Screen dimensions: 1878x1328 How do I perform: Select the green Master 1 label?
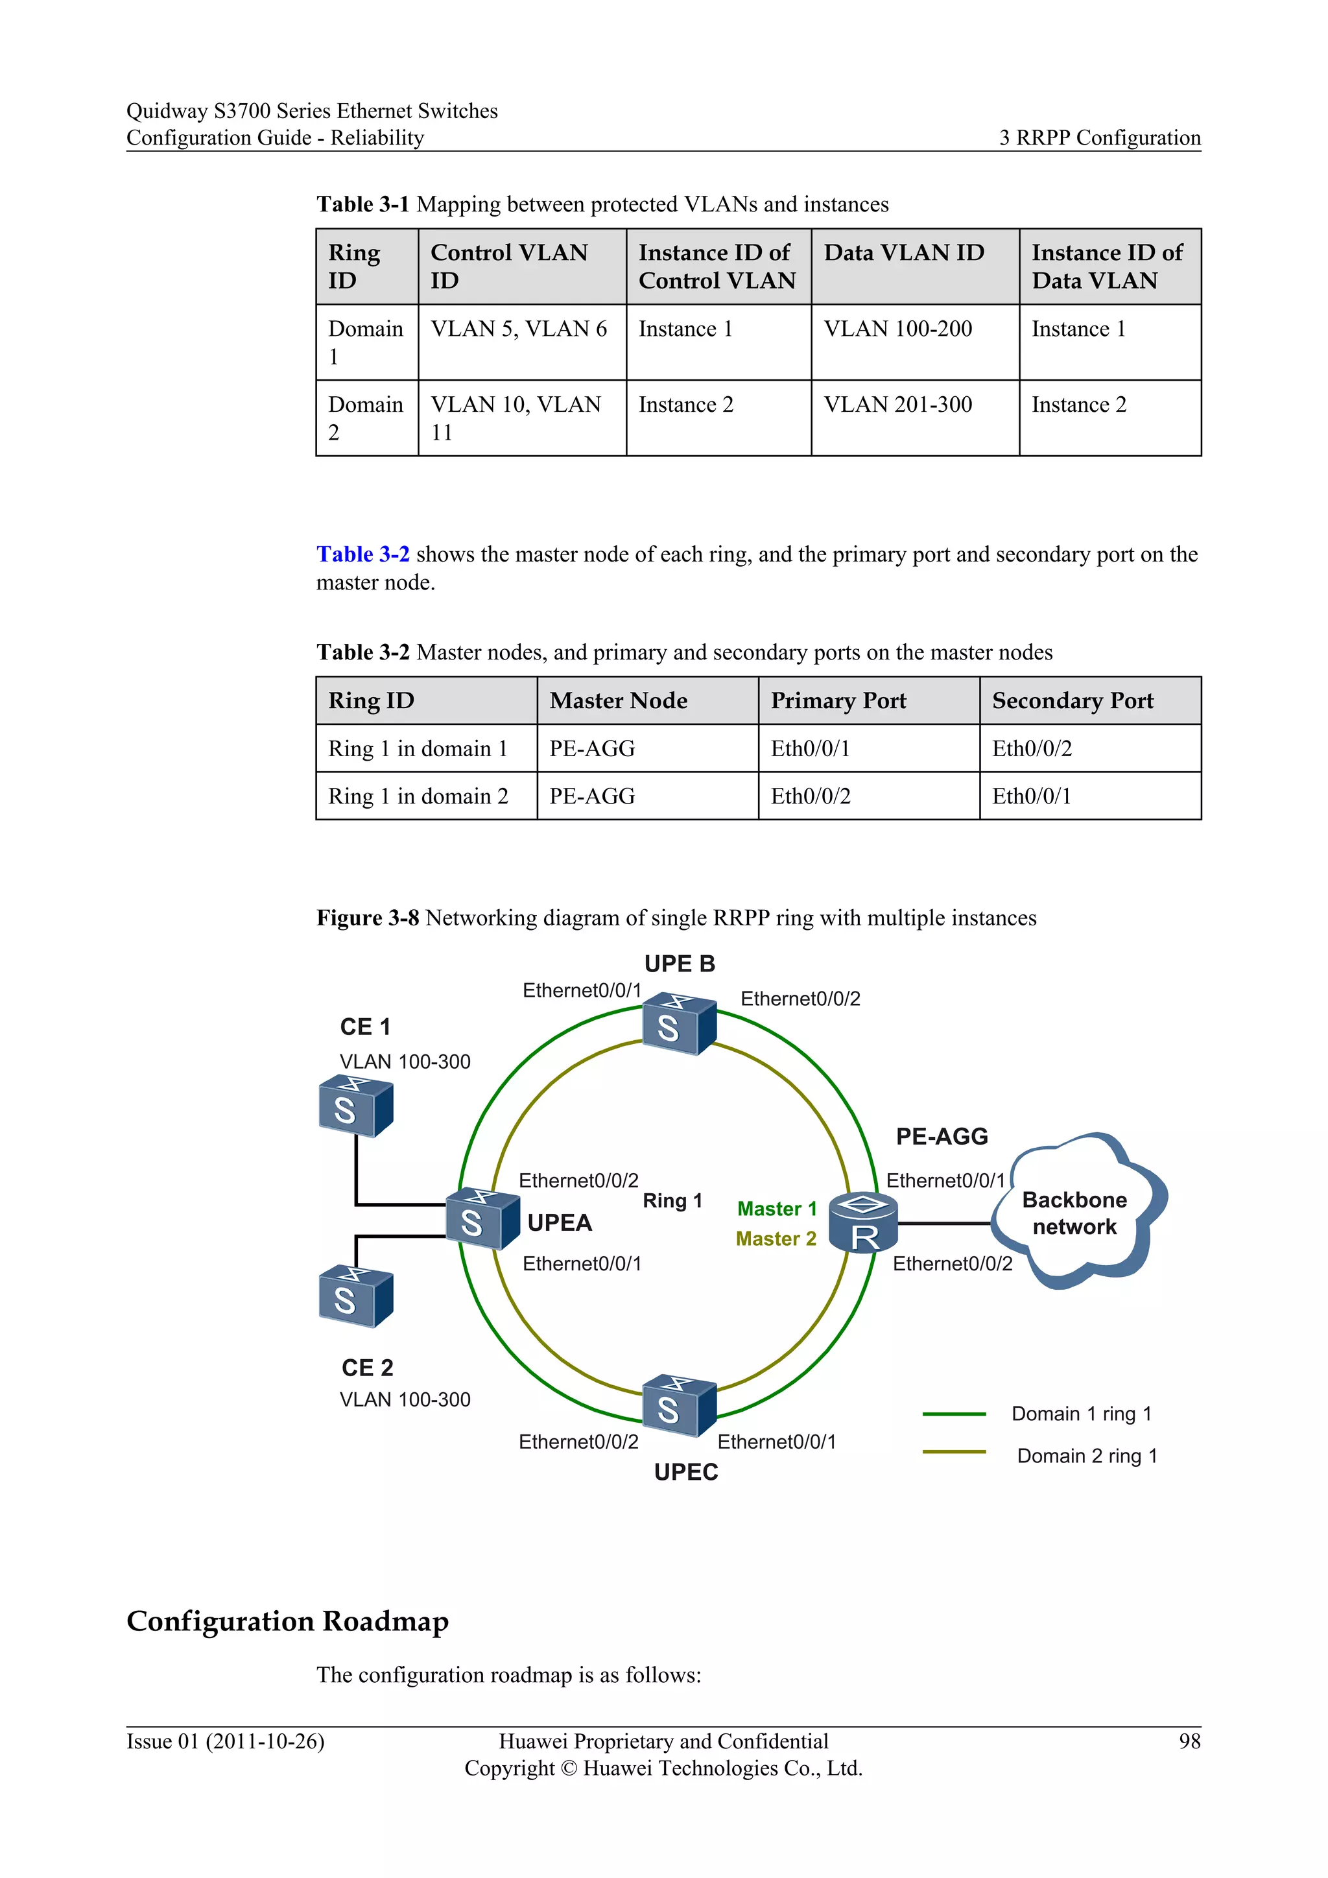[777, 1208]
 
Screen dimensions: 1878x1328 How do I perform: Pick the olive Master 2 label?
[776, 1239]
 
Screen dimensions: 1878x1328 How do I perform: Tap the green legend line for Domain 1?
[953, 1414]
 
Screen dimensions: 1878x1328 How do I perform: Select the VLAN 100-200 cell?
[898, 329]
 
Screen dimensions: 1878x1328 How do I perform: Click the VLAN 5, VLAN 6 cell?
[519, 329]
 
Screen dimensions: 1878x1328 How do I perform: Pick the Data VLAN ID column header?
[903, 253]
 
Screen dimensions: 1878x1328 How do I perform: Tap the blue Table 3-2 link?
[363, 554]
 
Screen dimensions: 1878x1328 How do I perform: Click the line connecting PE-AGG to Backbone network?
[945, 1224]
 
